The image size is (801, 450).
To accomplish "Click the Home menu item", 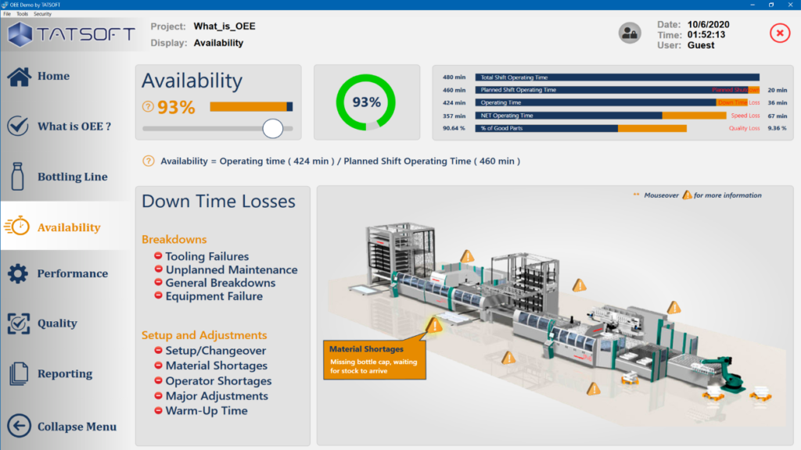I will pos(53,77).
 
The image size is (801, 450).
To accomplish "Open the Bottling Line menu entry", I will pos(72,177).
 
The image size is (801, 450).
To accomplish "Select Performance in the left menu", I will pos(72,273).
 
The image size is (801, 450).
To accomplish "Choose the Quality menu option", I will pos(57,323).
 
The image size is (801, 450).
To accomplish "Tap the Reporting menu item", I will pos(64,374).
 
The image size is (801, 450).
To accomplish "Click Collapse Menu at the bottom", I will pos(77,427).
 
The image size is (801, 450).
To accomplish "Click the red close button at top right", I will pos(780,33).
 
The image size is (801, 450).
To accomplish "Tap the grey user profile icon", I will pos(630,33).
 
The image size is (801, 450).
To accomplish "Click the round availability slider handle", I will pos(272,128).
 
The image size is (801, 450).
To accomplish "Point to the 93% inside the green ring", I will pos(366,102).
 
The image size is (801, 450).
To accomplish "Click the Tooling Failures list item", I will pos(207,256).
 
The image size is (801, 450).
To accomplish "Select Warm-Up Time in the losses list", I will pos(206,411).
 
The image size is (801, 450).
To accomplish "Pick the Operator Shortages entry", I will pos(218,381).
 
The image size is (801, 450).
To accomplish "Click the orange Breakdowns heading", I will pos(174,239).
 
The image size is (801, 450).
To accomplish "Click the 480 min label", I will pos(454,77).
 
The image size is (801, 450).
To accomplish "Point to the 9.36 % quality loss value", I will pos(777,128).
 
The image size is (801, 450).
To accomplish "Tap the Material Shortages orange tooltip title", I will pos(366,349).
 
